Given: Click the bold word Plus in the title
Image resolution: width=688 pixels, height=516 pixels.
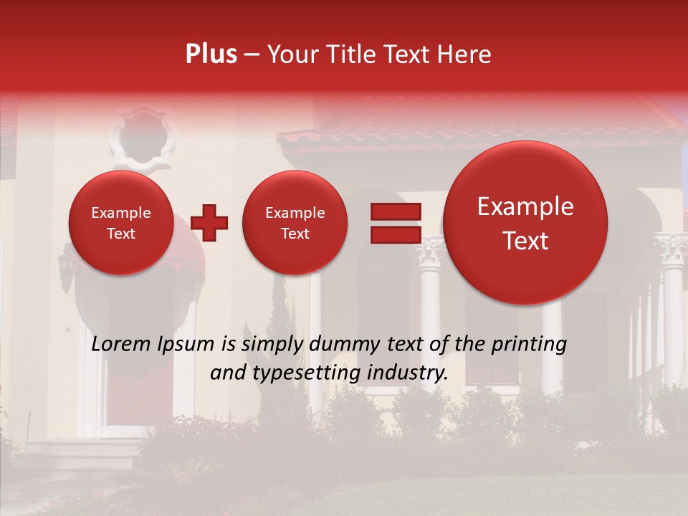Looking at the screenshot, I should [x=211, y=54].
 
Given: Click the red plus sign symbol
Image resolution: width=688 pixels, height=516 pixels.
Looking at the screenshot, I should [x=209, y=222].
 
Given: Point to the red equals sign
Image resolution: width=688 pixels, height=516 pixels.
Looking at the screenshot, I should [x=395, y=223].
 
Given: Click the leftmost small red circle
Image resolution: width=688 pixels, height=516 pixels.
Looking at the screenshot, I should [x=121, y=223].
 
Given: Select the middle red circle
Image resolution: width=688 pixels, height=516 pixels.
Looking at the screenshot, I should [x=295, y=223].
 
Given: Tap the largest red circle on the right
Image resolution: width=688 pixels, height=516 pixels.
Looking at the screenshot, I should [x=525, y=223].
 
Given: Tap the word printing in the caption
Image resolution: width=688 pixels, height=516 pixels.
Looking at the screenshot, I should [x=531, y=344].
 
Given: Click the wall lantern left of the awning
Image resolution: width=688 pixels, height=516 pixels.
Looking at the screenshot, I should [x=66, y=267].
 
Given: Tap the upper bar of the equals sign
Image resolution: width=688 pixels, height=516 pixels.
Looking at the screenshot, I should [x=395, y=211].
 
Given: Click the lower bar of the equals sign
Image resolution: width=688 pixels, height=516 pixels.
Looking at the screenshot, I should [x=395, y=234].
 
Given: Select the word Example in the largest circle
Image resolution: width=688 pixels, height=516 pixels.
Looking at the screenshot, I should [x=525, y=207].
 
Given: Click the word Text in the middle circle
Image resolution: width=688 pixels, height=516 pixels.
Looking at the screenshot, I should [x=295, y=234].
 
